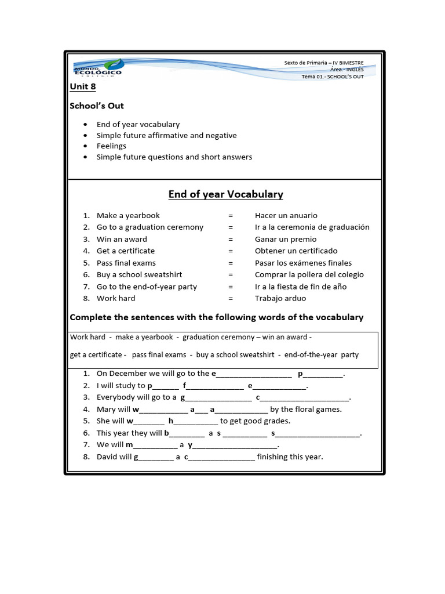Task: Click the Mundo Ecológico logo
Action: coord(97,68)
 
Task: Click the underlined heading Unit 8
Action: coord(82,86)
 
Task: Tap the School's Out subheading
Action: coord(97,106)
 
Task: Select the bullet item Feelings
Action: coord(111,146)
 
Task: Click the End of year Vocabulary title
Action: coord(225,194)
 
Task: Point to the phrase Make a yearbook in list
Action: coord(128,215)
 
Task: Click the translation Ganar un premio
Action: coord(286,239)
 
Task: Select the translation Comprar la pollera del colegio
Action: coord(309,274)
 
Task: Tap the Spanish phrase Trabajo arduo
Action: coord(280,298)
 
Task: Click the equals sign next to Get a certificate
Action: coord(231,251)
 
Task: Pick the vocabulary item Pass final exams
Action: coord(126,263)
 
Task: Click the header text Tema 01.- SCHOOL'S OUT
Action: coord(333,77)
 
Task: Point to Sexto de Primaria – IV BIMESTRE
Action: coord(324,63)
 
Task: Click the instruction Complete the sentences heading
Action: coord(216,317)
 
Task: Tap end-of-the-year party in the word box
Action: coord(321,354)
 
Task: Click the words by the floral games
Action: coord(306,409)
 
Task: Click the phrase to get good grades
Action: coord(255,421)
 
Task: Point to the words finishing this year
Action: coord(290,457)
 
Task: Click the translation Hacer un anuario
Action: coord(286,215)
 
